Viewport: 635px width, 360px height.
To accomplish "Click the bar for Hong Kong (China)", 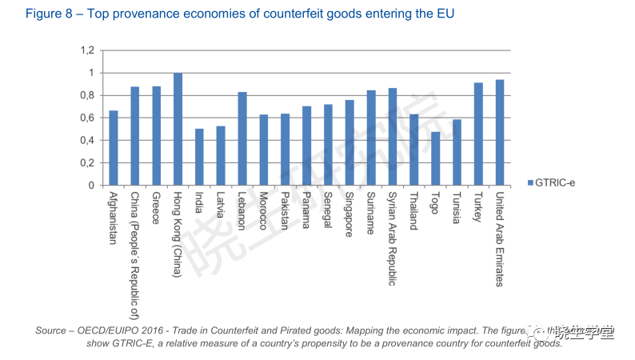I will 178,130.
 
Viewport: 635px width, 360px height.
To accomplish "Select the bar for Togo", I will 435,158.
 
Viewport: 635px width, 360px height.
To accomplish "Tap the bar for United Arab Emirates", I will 500,133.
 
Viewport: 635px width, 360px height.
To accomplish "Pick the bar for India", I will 199,158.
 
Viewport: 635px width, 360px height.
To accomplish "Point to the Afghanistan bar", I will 114,148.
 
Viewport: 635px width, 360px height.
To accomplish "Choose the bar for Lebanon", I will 242,139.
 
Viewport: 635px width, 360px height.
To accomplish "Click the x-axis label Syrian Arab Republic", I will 393,238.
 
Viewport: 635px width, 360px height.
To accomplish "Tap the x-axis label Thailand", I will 413,211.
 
